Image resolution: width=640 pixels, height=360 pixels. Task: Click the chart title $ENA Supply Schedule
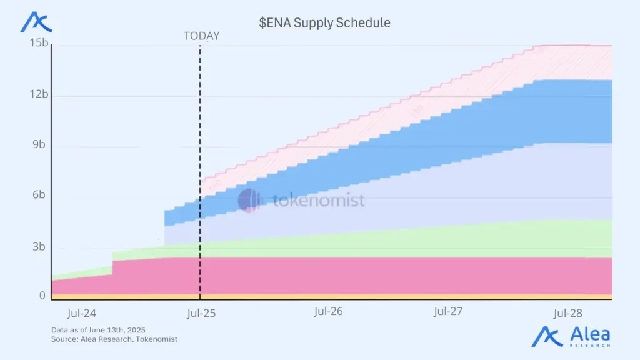[324, 22]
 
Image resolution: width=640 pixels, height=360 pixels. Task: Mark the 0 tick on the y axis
[42, 296]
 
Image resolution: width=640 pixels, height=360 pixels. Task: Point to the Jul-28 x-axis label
[568, 313]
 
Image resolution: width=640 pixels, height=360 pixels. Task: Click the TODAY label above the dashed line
[201, 36]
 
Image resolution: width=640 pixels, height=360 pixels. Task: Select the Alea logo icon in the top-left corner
[36, 22]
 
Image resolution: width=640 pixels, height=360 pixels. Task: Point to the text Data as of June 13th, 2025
[98, 329]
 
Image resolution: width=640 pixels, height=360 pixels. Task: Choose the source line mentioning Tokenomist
[114, 339]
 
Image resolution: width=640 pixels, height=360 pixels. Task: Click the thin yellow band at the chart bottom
[375, 296]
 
